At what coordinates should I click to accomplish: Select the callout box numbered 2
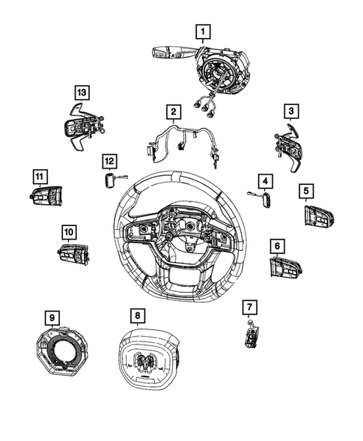173,112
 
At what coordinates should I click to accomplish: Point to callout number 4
264,180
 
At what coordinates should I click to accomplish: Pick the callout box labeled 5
307,191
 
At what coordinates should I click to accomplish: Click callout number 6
277,245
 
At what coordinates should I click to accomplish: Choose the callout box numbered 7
250,307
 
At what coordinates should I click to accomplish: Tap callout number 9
52,318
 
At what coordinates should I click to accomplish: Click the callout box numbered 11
39,176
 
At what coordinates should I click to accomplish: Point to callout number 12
110,160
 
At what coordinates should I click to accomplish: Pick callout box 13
82,92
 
